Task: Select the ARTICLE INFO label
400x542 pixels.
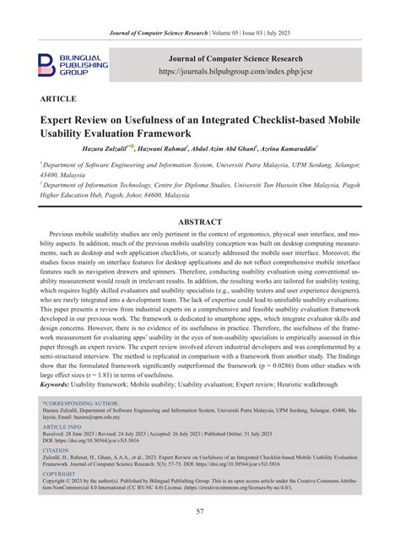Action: pos(62,427)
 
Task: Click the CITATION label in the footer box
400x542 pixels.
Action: pos(57,451)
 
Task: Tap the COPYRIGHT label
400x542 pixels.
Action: pos(59,474)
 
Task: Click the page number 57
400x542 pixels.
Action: pos(200,512)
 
